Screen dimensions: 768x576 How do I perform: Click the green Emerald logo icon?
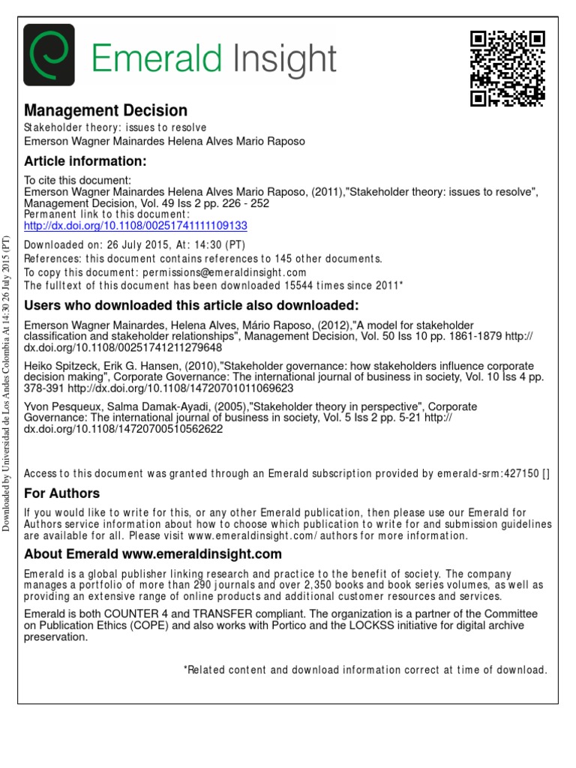[49, 55]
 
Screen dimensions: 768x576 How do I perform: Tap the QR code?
[506, 69]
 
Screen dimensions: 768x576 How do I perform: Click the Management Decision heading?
[106, 111]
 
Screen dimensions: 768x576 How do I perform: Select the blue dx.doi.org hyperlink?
[136, 225]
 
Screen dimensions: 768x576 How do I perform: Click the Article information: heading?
[85, 161]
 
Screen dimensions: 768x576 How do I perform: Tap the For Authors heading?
[61, 493]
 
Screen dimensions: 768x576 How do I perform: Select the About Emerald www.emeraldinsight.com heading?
[153, 554]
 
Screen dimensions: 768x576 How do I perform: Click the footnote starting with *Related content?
[365, 670]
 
